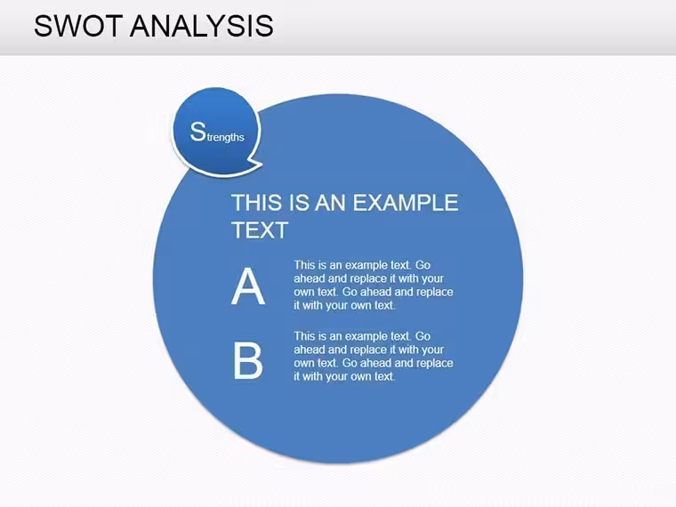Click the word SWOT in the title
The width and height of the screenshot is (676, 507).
coord(79,26)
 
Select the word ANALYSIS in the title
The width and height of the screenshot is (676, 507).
coord(202,26)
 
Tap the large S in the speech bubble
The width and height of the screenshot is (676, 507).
coord(197,132)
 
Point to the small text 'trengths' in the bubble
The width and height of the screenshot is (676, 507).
coord(225,138)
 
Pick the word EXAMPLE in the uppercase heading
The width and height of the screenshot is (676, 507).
coord(406,203)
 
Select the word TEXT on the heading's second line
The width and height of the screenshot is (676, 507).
coord(260,230)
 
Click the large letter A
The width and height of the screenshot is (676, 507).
coord(248,286)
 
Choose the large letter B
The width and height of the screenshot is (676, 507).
coord(248,360)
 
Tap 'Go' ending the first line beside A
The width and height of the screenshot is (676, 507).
coord(422,265)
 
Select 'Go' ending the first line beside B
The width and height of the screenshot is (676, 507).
coord(422,336)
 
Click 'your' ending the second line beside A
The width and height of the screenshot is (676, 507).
coord(433,278)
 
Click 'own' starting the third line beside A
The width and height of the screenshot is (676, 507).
coord(304,292)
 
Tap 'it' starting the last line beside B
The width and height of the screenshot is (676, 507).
coord(296,376)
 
